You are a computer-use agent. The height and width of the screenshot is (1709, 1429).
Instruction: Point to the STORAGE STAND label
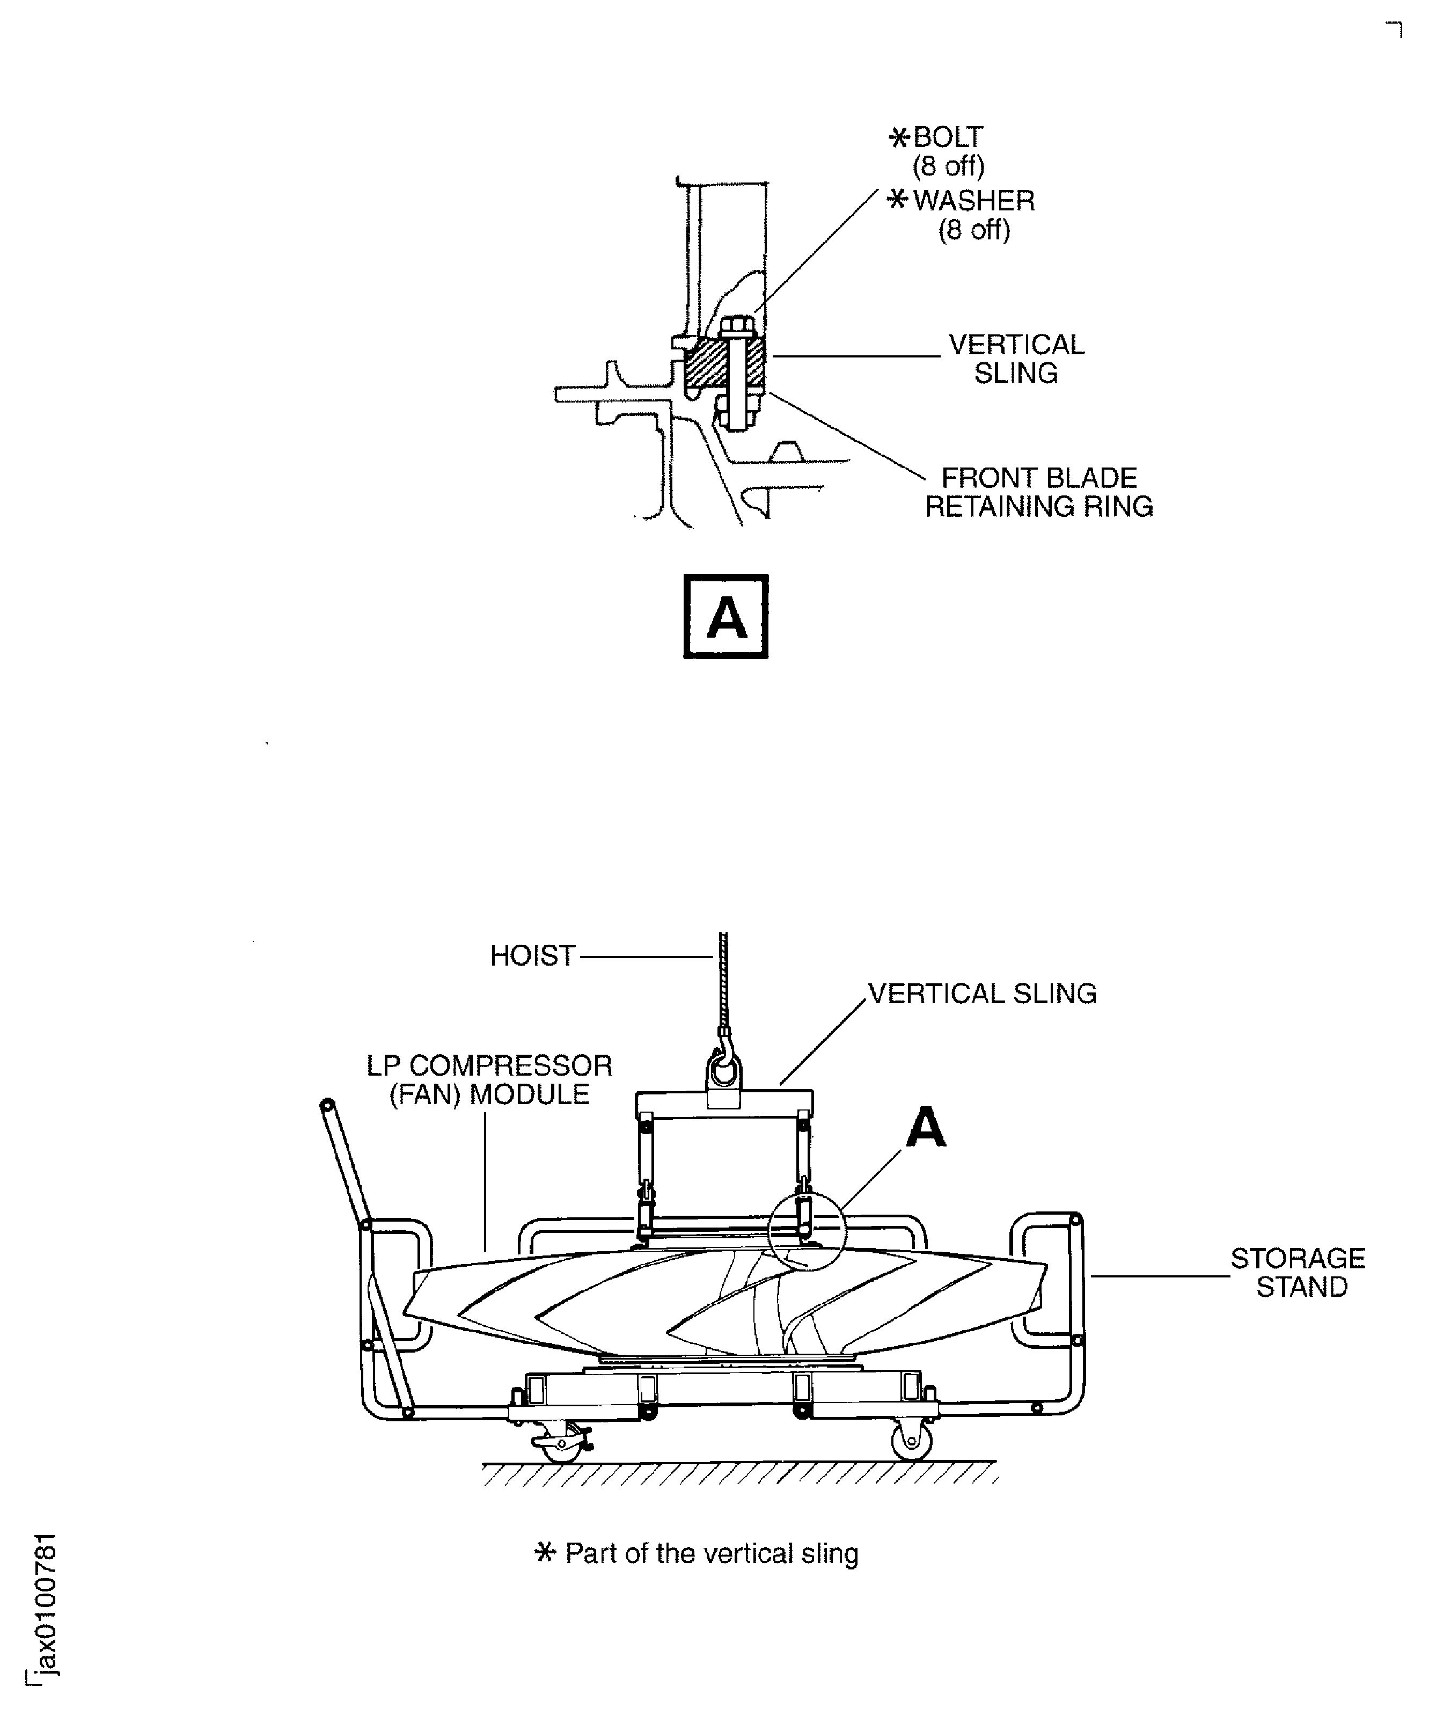point(1298,1272)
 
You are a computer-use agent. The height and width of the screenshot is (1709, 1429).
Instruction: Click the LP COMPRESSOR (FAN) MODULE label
point(489,1080)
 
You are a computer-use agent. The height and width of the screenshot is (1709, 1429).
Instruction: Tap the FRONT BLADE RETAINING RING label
point(1039,492)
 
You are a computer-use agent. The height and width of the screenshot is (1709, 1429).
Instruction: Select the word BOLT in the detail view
point(948,137)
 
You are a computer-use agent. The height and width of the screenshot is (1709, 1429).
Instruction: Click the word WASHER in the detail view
point(974,200)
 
